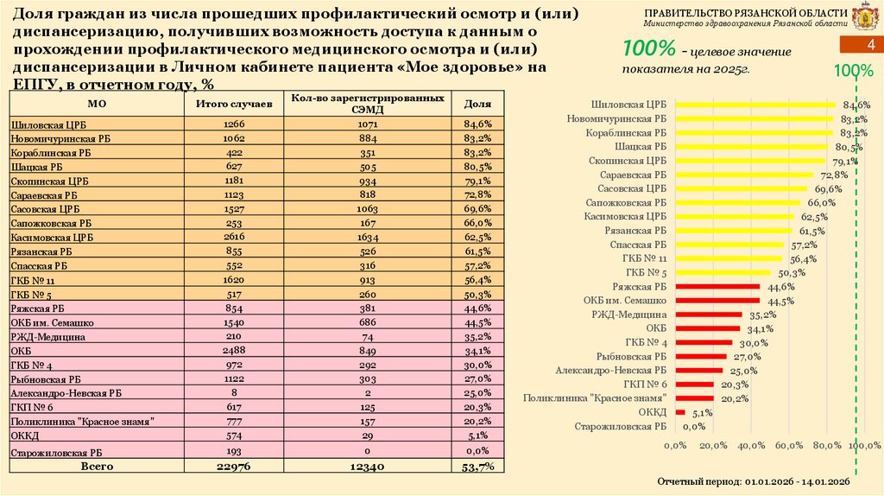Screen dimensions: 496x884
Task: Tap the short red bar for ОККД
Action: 680,412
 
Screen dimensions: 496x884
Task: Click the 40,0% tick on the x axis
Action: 751,445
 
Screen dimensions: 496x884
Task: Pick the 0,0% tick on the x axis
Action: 675,445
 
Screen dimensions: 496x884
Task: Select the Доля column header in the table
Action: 477,103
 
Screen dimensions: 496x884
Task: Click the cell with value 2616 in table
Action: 234,236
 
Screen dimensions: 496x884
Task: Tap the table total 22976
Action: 234,467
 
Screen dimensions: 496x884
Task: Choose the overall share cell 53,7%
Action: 477,467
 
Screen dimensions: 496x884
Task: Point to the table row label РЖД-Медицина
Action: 47,337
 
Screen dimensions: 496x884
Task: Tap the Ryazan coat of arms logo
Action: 864,17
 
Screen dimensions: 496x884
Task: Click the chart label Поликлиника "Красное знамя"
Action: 595,398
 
